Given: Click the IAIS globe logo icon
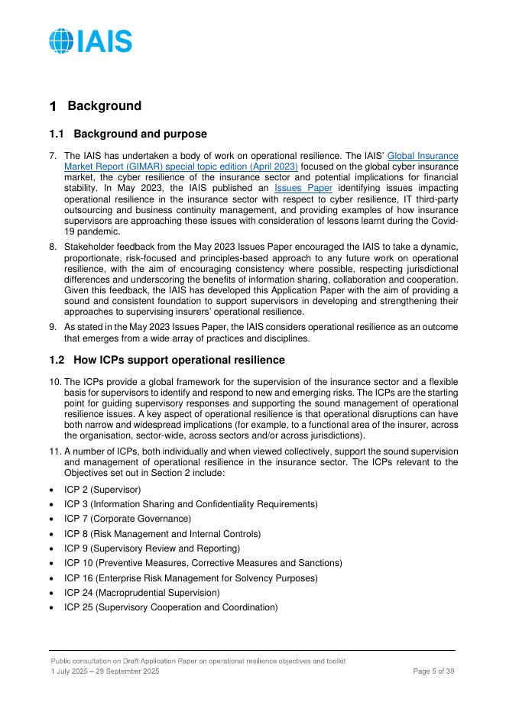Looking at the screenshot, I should (62, 40).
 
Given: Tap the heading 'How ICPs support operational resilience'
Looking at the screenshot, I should (180, 360).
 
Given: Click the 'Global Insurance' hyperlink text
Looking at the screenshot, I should (423, 156).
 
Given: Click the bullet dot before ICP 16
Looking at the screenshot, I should (52, 577).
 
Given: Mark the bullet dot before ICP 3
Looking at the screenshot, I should (52, 504).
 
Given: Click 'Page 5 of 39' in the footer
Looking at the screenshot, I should (433, 671).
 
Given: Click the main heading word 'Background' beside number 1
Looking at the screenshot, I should (104, 106).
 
